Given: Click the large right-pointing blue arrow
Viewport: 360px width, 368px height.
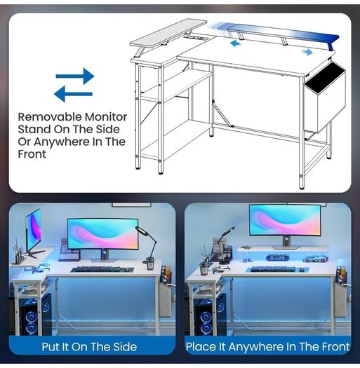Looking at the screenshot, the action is (75, 76).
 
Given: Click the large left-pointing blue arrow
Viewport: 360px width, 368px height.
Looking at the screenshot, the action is (73, 94).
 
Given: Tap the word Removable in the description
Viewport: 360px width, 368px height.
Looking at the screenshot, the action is (50, 116).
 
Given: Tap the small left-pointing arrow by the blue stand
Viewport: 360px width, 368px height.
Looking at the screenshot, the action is (236, 43).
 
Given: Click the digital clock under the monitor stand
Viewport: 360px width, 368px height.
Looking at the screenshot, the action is (277, 258).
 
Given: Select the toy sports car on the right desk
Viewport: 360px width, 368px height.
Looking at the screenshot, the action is (315, 259).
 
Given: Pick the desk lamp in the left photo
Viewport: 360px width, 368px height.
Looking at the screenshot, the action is (147, 247).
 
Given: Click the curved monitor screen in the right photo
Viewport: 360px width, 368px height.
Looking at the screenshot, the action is (285, 219).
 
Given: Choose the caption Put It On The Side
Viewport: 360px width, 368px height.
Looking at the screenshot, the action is (89, 347).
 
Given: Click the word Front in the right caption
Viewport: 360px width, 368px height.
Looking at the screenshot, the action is (336, 347).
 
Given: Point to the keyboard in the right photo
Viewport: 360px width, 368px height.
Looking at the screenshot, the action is (273, 269).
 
